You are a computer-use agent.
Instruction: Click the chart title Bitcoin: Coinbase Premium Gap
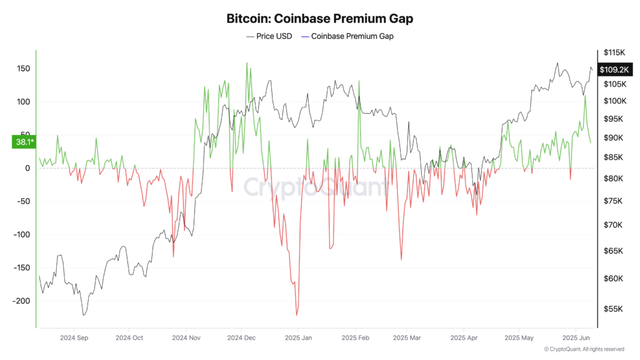(319, 19)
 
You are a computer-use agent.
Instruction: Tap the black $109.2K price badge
(613, 70)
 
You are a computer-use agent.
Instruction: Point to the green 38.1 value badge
(24, 142)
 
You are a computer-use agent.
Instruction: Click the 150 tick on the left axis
(22, 68)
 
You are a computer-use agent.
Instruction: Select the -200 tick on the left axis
(20, 301)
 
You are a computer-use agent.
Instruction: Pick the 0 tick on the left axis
(27, 168)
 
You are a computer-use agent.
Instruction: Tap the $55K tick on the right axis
(612, 309)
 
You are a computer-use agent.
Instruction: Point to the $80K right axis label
(612, 179)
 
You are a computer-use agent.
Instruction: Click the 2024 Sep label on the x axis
(74, 337)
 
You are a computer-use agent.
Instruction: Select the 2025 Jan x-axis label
(298, 337)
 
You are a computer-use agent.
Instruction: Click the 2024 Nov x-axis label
(186, 337)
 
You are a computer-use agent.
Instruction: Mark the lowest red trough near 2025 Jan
(296, 315)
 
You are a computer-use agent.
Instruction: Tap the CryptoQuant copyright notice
(584, 349)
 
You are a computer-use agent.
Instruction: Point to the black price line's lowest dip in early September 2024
(84, 315)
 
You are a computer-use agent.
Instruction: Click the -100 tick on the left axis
(20, 234)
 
